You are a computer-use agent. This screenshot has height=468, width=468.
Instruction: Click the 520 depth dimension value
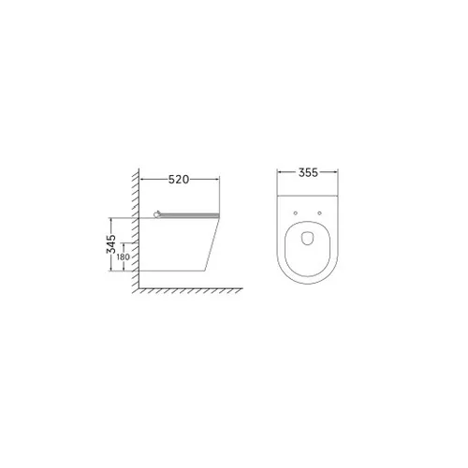(179, 180)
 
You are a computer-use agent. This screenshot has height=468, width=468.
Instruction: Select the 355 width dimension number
(308, 172)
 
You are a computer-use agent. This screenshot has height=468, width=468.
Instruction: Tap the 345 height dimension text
(110, 243)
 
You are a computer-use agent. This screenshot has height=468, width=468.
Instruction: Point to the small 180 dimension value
(124, 257)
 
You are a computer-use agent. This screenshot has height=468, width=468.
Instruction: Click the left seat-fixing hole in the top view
(296, 213)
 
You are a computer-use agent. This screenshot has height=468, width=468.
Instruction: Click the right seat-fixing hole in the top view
(319, 213)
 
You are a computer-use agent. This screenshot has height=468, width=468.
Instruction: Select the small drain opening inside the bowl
(308, 238)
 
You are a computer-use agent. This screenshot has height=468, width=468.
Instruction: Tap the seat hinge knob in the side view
(157, 214)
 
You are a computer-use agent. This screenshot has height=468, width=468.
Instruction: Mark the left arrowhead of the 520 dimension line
(142, 179)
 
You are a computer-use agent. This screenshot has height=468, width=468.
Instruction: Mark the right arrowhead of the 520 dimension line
(217, 179)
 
